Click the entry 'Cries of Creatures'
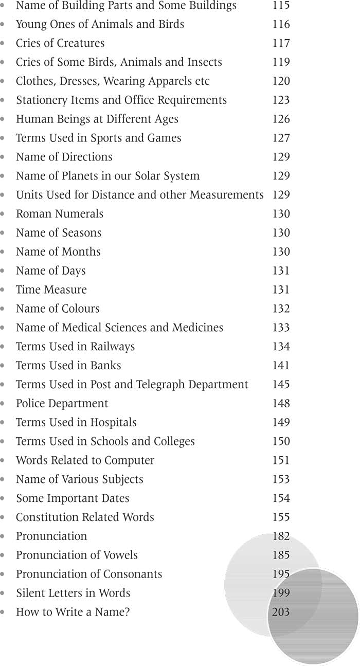pyautogui.click(x=60, y=43)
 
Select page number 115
pyautogui.click(x=281, y=6)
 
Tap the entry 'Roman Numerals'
pyautogui.click(x=60, y=214)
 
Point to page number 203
pyautogui.click(x=281, y=612)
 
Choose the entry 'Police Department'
pyautogui.click(x=62, y=404)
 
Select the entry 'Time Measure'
pyautogui.click(x=51, y=290)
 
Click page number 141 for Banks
pyautogui.click(x=281, y=366)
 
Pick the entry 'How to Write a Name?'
pyautogui.click(x=73, y=612)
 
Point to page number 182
pyautogui.click(x=281, y=536)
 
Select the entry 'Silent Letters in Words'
pyautogui.click(x=73, y=593)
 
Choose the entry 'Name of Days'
pyautogui.click(x=51, y=271)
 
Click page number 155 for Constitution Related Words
pyautogui.click(x=281, y=517)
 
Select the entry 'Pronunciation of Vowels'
pyautogui.click(x=77, y=555)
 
